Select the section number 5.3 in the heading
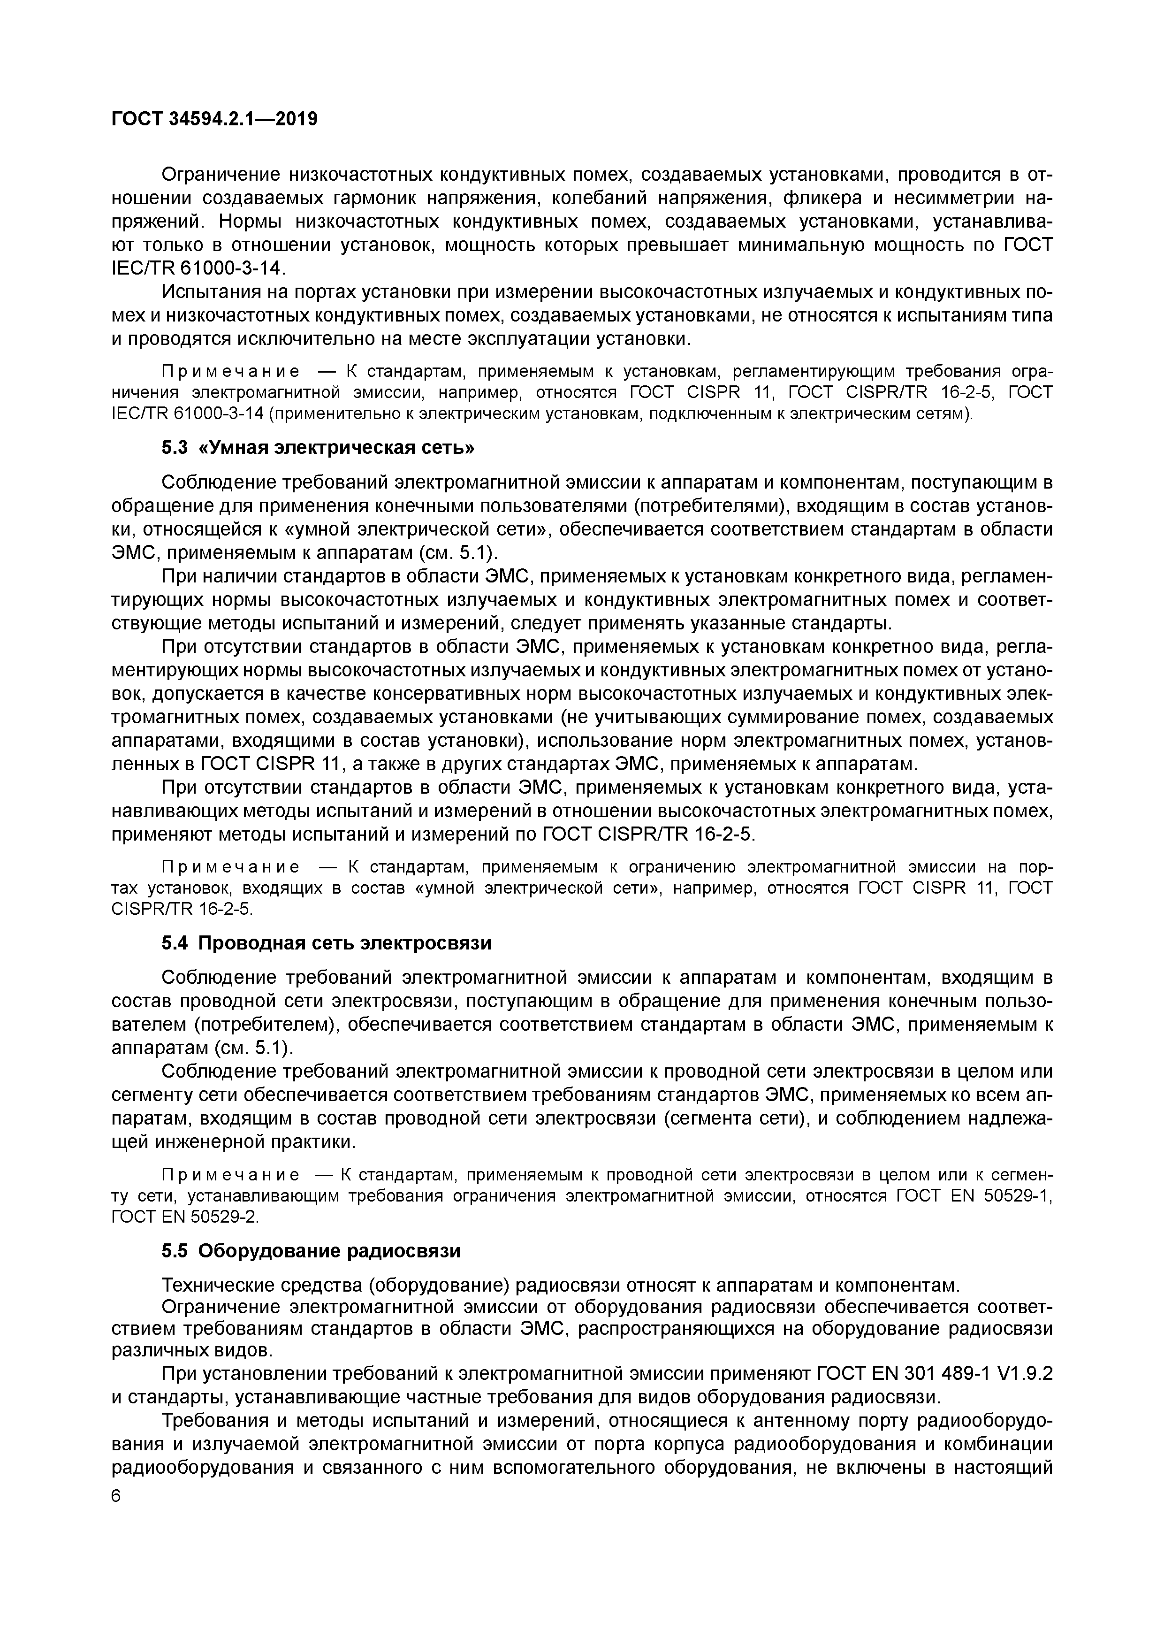[174, 448]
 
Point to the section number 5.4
[174, 943]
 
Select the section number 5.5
[174, 1251]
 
